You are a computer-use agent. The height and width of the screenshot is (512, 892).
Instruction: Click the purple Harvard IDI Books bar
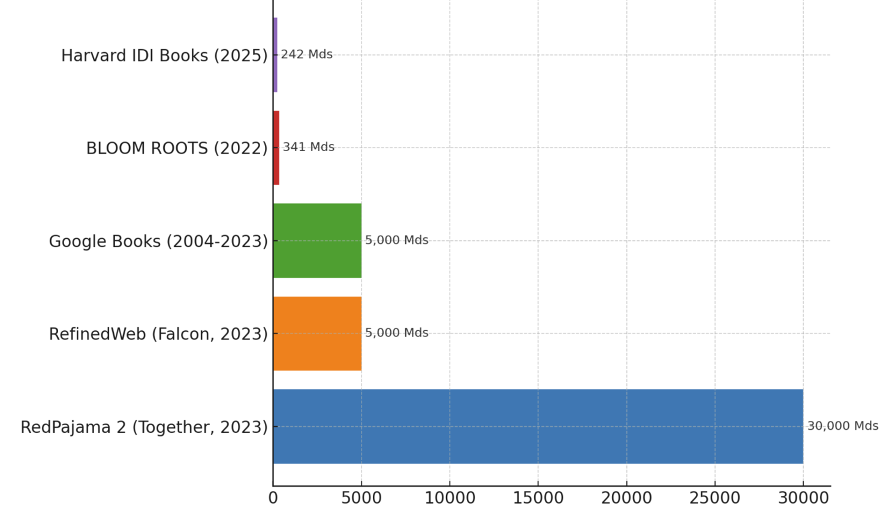pos(275,55)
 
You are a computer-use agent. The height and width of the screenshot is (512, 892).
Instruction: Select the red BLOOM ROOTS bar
pos(276,147)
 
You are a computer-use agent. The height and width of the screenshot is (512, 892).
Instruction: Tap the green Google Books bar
pos(317,240)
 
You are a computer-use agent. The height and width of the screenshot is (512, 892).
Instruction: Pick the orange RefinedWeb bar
pos(317,333)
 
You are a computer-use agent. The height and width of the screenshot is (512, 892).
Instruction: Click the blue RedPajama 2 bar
pos(538,426)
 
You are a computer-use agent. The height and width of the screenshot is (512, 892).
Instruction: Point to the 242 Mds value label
pos(307,54)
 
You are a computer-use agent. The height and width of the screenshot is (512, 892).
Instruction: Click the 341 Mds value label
pos(309,147)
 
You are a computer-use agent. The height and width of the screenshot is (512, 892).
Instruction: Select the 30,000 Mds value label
pos(843,426)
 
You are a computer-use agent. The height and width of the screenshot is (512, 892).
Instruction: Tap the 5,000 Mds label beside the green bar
pos(397,240)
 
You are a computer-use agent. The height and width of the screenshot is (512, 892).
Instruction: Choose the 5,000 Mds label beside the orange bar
pos(397,333)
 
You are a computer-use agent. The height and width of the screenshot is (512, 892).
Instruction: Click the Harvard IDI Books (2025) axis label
pos(164,56)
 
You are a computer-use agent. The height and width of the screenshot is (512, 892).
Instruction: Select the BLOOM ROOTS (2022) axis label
pos(177,149)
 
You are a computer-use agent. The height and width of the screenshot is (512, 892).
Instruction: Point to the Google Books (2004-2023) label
pos(158,242)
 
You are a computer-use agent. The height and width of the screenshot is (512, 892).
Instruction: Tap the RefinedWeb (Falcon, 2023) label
pos(158,335)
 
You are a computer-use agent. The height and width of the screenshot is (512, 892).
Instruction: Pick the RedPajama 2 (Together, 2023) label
pos(144,427)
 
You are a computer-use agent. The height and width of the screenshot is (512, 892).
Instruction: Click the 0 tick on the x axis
pos(273,498)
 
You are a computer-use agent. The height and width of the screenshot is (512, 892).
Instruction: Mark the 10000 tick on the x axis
pos(450,498)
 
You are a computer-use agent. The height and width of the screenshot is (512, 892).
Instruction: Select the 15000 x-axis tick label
pos(538,498)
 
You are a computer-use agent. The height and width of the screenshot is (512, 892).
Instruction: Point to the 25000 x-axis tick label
pos(715,498)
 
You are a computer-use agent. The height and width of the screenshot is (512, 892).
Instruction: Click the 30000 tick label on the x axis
pos(803,498)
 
